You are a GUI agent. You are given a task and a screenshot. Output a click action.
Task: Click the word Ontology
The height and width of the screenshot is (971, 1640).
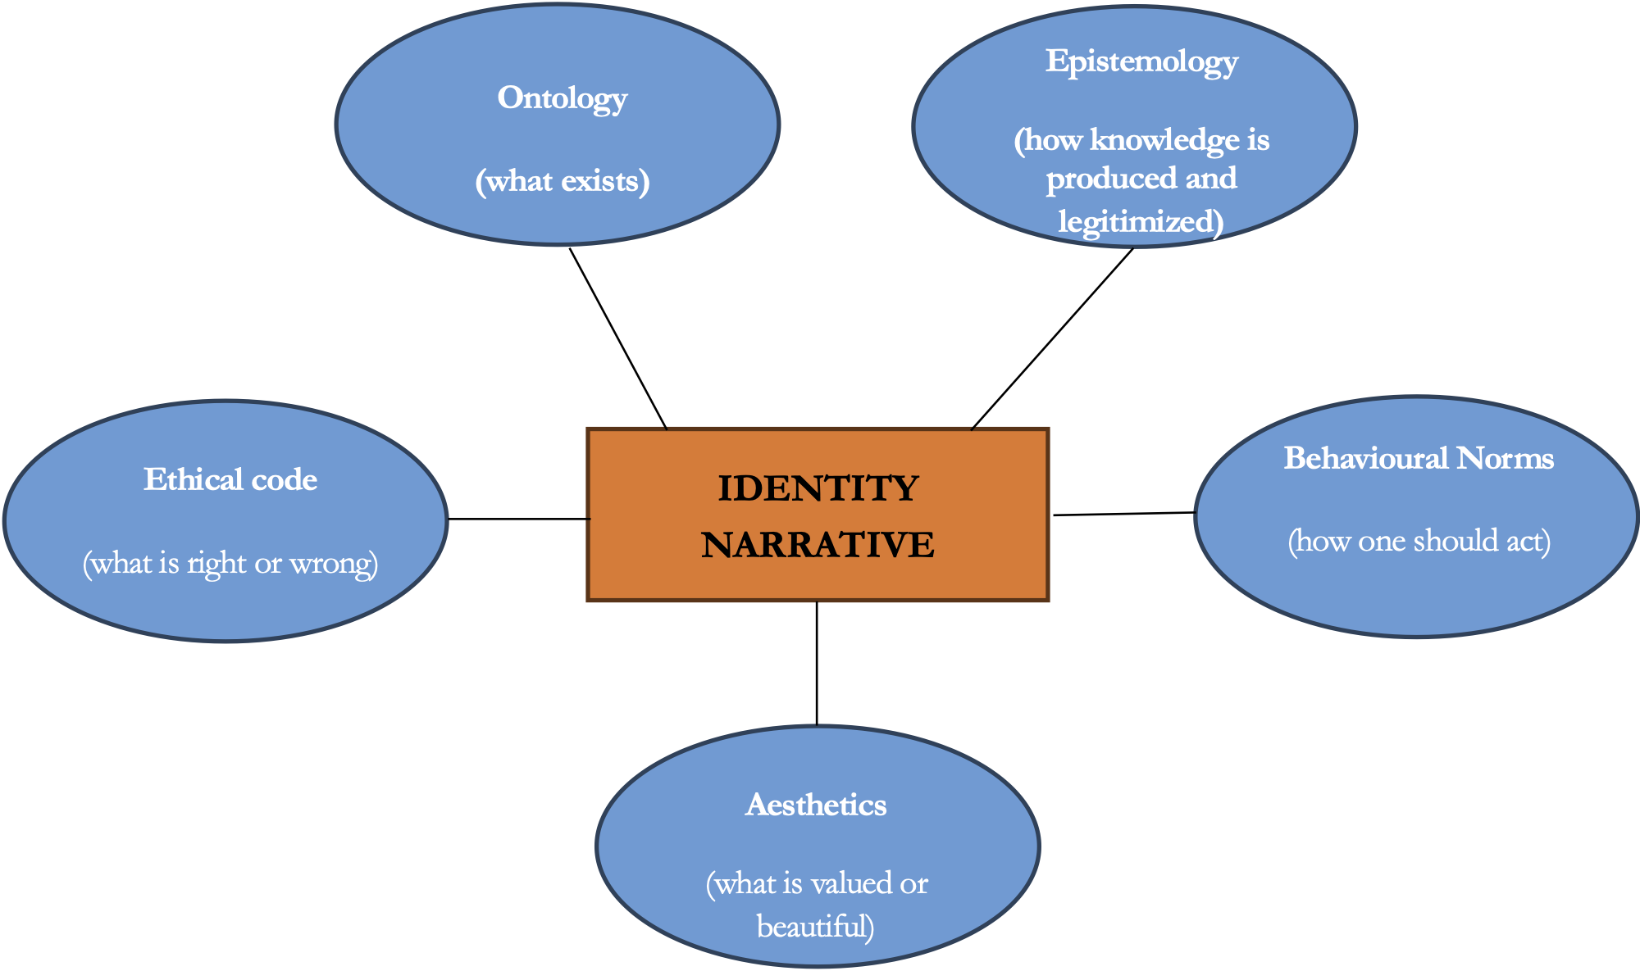coord(562,99)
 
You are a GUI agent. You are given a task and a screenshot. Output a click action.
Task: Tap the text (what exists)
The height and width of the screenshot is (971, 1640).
coord(562,181)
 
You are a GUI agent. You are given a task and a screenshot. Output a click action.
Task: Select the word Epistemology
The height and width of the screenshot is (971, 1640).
coord(1141,62)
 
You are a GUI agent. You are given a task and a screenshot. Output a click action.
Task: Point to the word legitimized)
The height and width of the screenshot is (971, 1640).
coord(1141,221)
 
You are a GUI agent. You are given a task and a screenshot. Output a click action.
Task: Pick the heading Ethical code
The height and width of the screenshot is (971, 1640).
coord(230,480)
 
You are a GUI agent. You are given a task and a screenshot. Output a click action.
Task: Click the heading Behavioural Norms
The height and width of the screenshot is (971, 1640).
coord(1419,458)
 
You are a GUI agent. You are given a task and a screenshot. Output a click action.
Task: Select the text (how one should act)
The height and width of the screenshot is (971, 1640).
coord(1419,542)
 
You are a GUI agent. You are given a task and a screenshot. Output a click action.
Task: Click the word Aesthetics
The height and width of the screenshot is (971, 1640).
coord(816,805)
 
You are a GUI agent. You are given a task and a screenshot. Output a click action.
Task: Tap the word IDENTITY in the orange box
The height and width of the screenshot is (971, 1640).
coord(818,489)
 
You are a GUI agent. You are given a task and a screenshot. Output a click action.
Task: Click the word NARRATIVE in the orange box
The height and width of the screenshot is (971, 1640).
coord(818,545)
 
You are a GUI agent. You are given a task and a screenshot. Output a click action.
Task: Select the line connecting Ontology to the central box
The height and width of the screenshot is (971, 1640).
coord(618,338)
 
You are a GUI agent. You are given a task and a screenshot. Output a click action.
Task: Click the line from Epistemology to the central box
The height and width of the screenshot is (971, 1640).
coord(1052,338)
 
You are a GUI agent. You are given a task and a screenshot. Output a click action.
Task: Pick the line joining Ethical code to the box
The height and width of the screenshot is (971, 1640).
coord(518,519)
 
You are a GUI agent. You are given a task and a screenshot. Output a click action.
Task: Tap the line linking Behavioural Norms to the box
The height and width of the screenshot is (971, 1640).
coord(1123,514)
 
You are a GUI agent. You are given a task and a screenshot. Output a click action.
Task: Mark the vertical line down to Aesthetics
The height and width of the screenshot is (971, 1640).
coord(817,664)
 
